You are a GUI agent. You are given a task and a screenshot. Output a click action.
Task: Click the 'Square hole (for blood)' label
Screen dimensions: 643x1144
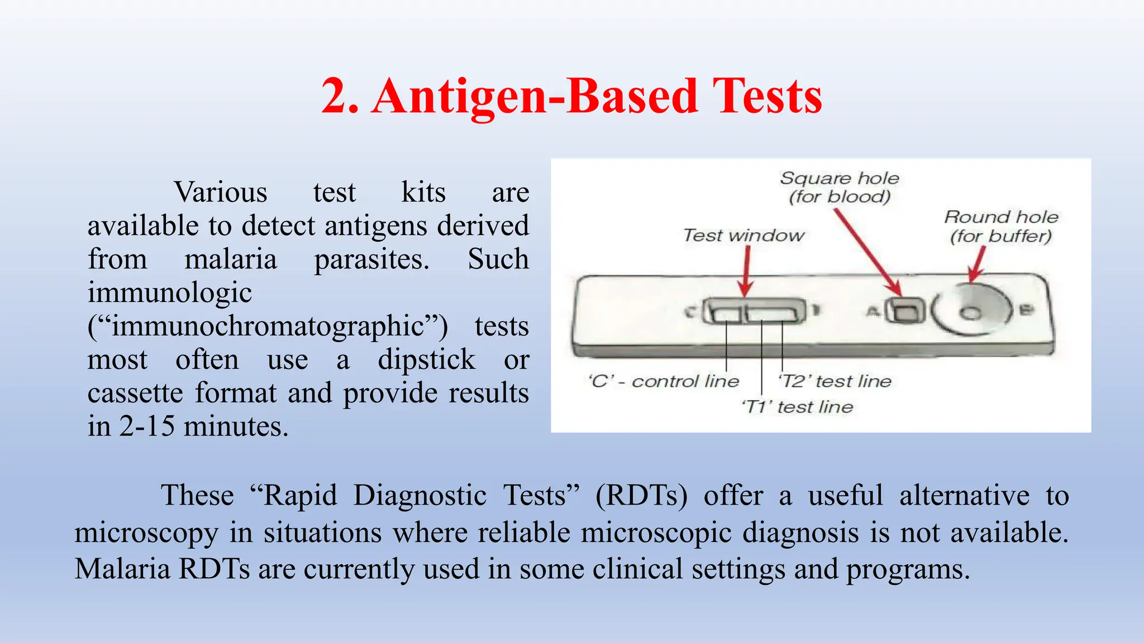coord(839,187)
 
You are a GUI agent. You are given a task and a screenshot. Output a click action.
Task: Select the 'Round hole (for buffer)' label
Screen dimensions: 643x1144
coord(1000,226)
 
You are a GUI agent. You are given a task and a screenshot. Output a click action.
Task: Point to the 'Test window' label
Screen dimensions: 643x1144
coord(743,236)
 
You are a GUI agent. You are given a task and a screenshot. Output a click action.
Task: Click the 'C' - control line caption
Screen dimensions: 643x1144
coord(664,381)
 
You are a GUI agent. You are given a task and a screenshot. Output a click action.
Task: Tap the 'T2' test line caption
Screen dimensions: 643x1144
coord(835,381)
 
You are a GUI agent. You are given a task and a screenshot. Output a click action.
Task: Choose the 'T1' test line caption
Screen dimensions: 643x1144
coord(797,407)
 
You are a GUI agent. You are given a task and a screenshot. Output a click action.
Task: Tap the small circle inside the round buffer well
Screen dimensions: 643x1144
coord(971,313)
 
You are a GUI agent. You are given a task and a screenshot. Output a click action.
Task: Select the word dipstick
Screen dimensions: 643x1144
coord(426,360)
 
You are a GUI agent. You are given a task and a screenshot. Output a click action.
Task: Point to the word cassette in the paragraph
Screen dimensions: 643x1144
coord(135,394)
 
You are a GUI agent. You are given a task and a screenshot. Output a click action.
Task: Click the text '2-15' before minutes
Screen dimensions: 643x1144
coord(147,427)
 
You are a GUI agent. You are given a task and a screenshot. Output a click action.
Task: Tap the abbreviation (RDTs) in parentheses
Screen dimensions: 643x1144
coord(641,496)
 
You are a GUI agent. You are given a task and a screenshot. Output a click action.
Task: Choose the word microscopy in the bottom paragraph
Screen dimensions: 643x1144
coord(146,532)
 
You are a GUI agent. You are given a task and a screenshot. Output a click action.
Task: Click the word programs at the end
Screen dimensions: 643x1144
coord(908,569)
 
